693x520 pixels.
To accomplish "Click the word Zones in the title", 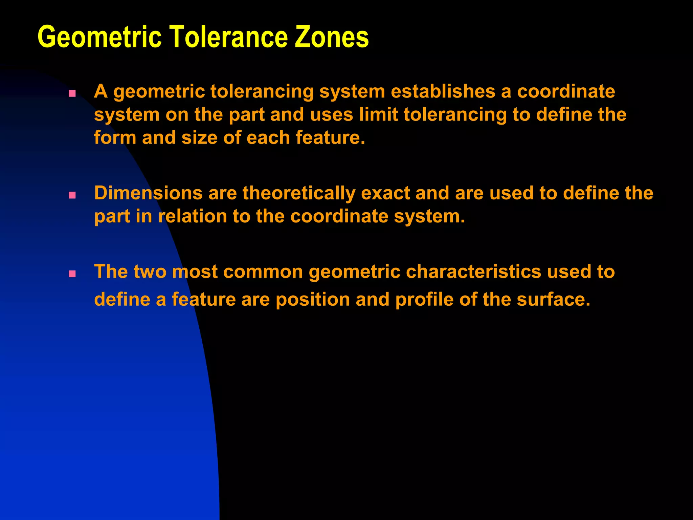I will pyautogui.click(x=332, y=37).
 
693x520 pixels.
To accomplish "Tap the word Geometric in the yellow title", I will pyautogui.click(x=99, y=37).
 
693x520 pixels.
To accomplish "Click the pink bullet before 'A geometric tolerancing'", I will pyautogui.click(x=72, y=93).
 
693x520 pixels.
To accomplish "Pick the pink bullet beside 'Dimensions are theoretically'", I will pyautogui.click(x=72, y=195).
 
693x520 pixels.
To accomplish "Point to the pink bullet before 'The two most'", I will pyautogui.click(x=72, y=274).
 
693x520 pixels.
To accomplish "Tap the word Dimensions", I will pyautogui.click(x=148, y=193).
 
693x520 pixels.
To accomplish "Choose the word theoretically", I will pyautogui.click(x=299, y=194).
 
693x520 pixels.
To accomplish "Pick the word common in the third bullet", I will pyautogui.click(x=263, y=272).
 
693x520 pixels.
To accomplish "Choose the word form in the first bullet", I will pyautogui.click(x=115, y=137).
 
